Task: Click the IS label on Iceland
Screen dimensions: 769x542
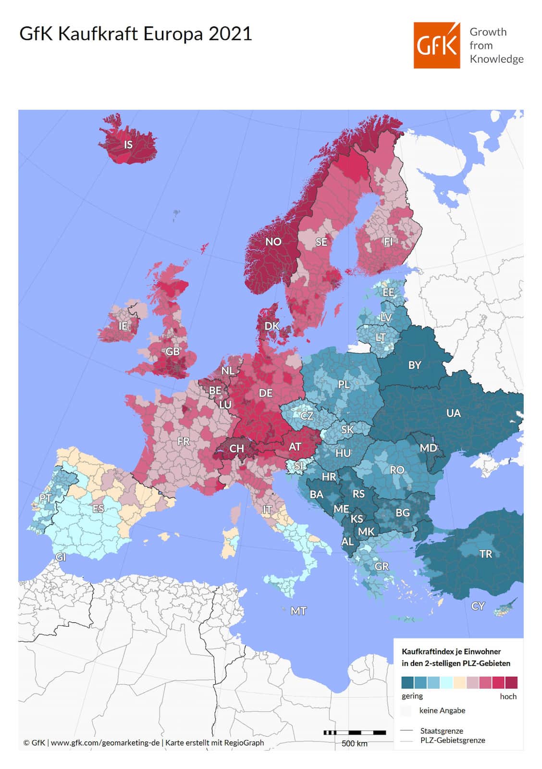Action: point(128,145)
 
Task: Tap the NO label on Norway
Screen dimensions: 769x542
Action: point(273,242)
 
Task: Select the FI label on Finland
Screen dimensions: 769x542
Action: point(388,242)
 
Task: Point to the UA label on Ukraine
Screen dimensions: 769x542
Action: point(453,413)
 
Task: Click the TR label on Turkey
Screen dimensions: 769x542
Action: point(485,554)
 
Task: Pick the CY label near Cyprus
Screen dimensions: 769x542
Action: point(478,606)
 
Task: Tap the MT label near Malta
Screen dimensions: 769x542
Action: point(298,611)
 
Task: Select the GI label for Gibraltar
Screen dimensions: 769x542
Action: point(61,557)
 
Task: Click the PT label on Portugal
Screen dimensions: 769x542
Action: point(45,498)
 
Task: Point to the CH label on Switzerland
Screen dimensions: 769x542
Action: point(236,449)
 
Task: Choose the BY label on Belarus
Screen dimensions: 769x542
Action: point(414,365)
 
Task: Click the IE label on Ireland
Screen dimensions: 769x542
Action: point(123,326)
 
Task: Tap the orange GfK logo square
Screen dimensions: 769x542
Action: point(436,45)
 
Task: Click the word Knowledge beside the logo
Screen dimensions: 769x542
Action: point(496,59)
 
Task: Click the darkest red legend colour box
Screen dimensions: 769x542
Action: point(511,682)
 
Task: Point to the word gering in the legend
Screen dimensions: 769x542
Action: point(412,696)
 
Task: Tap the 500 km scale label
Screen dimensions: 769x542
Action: point(354,744)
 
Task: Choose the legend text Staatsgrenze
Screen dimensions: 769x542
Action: point(441,731)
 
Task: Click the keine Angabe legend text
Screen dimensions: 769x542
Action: point(442,710)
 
